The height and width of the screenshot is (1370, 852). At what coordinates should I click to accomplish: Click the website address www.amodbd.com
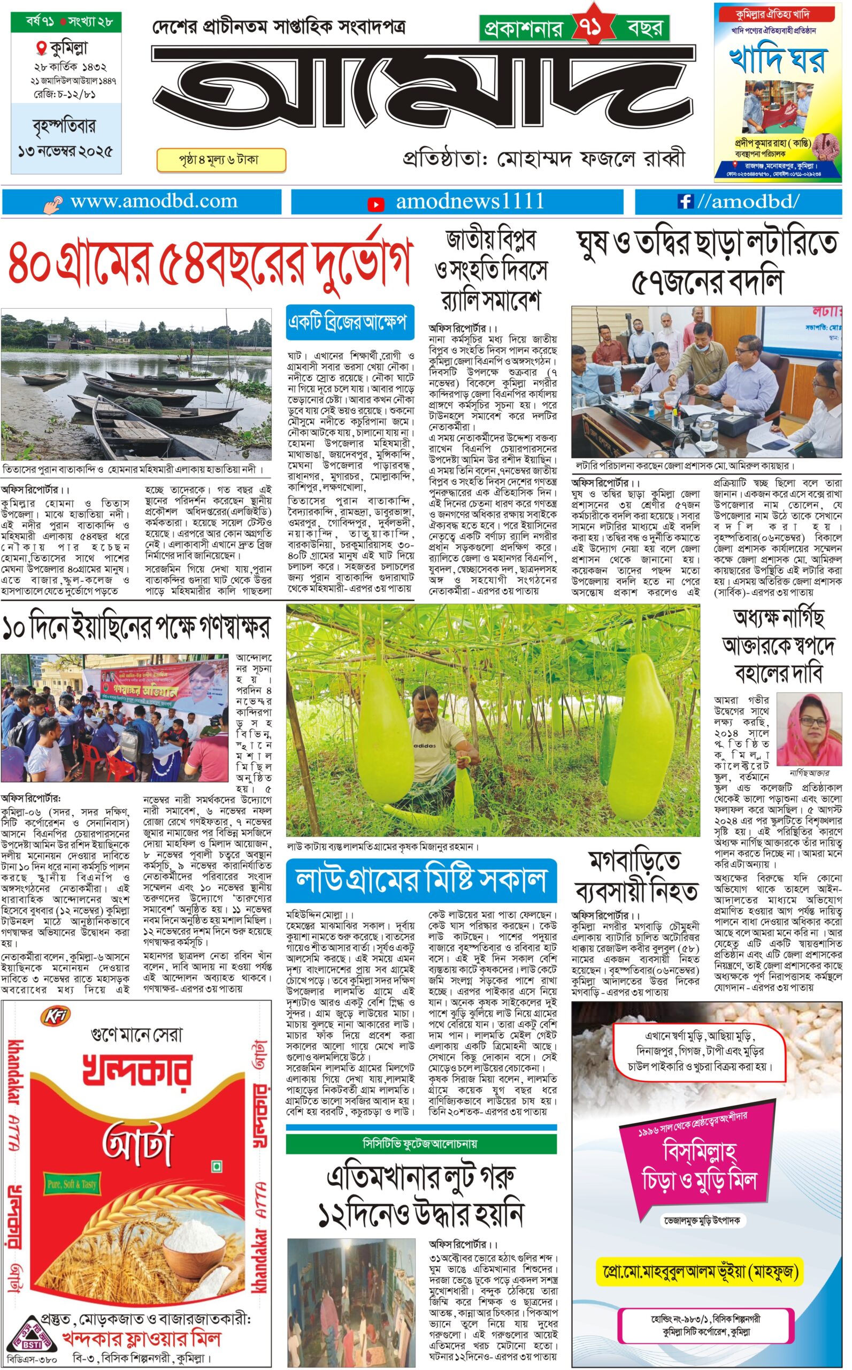click(x=154, y=201)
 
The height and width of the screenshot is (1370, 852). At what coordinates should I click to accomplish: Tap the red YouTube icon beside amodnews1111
click(x=375, y=204)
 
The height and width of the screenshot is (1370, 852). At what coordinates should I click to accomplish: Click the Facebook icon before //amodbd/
click(x=685, y=201)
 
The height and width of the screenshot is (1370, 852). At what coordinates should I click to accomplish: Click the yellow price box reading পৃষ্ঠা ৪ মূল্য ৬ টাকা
click(x=220, y=160)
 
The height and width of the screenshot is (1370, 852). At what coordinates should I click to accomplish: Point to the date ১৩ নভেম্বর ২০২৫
click(x=65, y=151)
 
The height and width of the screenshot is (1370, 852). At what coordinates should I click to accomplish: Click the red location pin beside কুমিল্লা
click(x=41, y=48)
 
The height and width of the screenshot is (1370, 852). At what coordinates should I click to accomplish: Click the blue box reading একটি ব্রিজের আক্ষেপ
click(x=349, y=323)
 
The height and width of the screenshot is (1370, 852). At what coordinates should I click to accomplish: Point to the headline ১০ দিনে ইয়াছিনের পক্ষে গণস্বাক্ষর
click(x=136, y=627)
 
